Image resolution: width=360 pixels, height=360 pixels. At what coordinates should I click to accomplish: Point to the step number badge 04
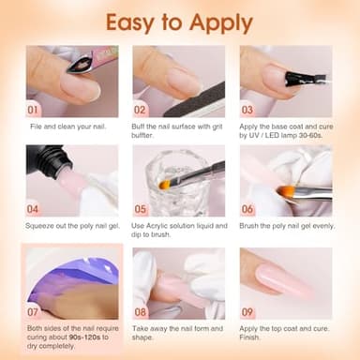click(x=33, y=209)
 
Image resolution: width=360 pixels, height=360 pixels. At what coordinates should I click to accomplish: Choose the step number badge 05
click(x=141, y=209)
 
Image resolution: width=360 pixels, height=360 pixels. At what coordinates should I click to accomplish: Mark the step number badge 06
click(x=248, y=209)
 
